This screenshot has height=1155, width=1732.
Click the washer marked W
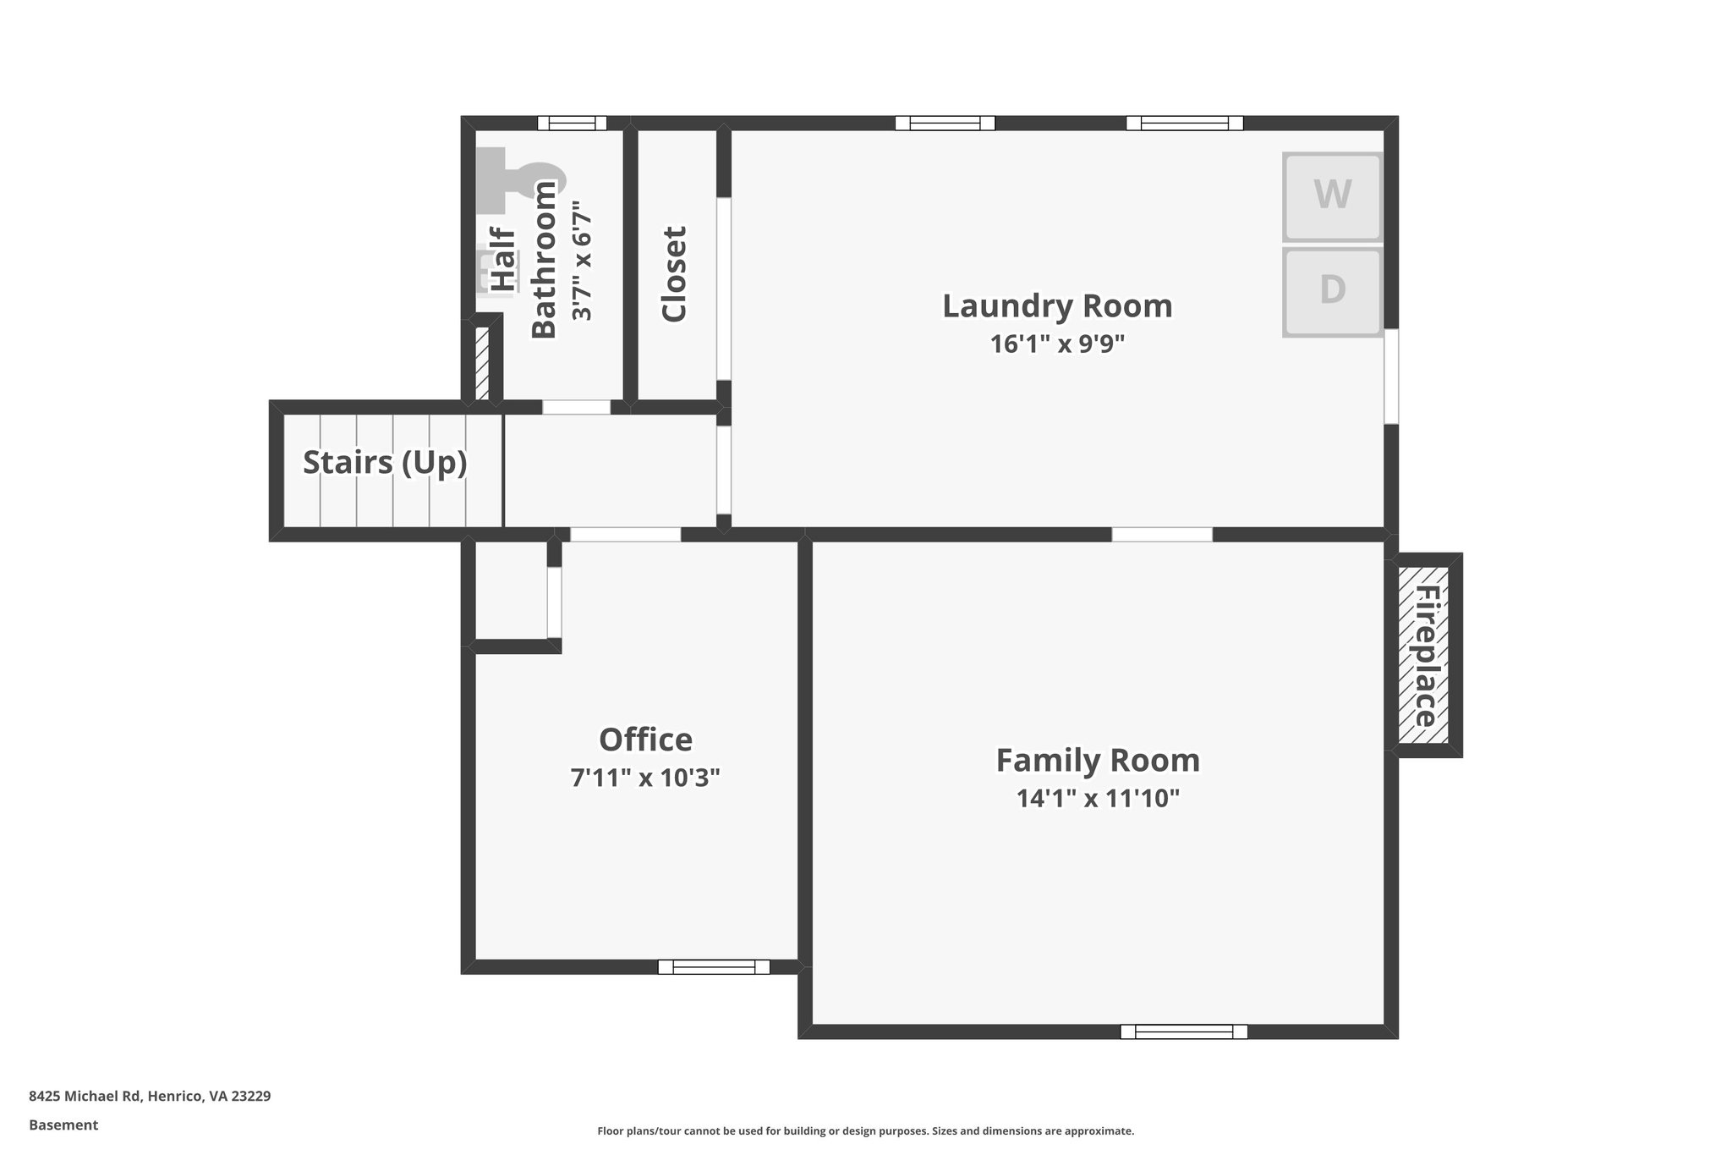(x=1332, y=196)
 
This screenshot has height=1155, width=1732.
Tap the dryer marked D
(x=1332, y=290)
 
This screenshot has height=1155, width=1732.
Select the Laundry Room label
(x=1057, y=306)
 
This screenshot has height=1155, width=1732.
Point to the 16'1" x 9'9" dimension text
(x=1057, y=344)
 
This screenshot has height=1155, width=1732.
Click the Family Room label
(x=1098, y=760)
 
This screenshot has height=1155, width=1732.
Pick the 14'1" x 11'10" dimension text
(x=1098, y=798)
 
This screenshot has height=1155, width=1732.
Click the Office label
(x=645, y=740)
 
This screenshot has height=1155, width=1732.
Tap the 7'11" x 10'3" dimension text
(x=645, y=778)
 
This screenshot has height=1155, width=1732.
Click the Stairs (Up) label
(x=385, y=463)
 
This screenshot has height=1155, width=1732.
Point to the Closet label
(x=674, y=274)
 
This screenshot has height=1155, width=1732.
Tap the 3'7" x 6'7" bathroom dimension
(x=582, y=261)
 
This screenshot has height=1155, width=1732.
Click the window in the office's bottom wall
(x=714, y=966)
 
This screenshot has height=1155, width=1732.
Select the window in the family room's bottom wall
(x=1183, y=1031)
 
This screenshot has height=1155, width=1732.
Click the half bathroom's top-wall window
(x=573, y=123)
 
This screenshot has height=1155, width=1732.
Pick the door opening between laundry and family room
(x=1161, y=534)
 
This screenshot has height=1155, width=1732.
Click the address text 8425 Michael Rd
(x=150, y=1097)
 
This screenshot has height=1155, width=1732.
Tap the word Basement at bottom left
(x=63, y=1125)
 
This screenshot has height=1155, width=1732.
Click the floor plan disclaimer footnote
(x=865, y=1131)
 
